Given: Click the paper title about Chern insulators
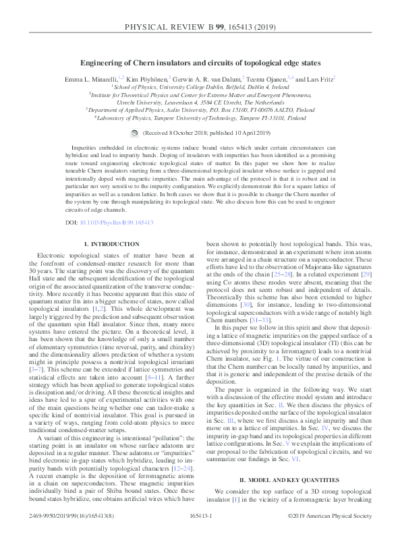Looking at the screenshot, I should coord(199,63).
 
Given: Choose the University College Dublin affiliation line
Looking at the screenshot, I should coord(199,88).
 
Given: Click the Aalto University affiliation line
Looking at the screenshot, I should coord(199,109).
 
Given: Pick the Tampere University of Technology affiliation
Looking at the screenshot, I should coord(199,117).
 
